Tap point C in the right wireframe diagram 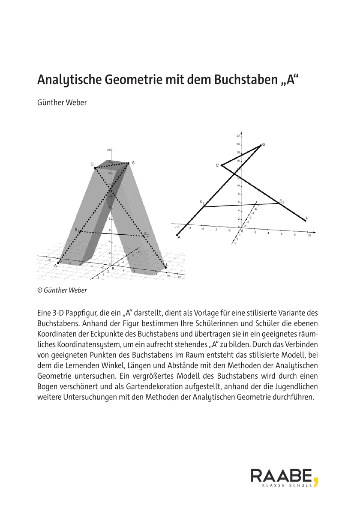click(x=222, y=165)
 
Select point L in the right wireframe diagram click(x=306, y=220)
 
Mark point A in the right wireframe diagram click(x=177, y=235)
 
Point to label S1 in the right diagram click(x=201, y=202)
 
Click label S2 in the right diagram click(x=282, y=201)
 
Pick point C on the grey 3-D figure click(x=95, y=167)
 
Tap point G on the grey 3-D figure click(x=129, y=163)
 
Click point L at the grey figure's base click(x=166, y=267)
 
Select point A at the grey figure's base click(x=59, y=262)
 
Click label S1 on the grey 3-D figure click(x=77, y=230)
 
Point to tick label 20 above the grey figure click(x=109, y=150)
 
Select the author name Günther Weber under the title click(x=62, y=103)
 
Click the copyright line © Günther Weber click(x=62, y=290)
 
